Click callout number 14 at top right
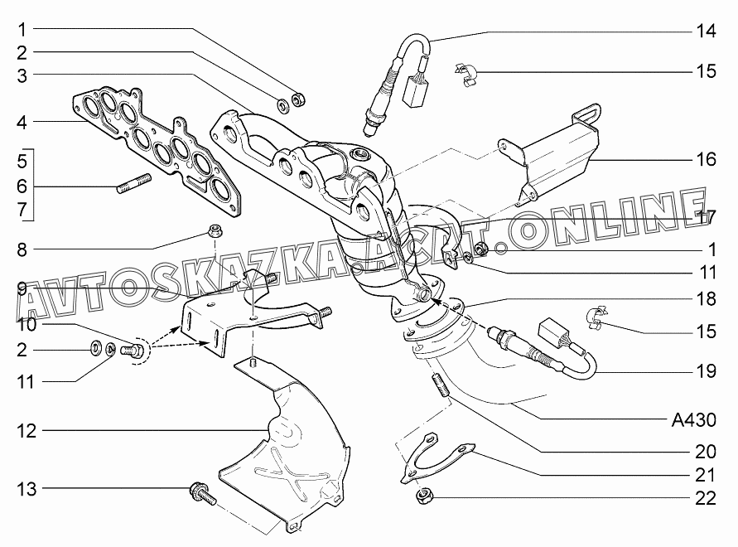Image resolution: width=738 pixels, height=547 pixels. point(706,31)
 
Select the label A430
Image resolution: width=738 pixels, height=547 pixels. point(693,419)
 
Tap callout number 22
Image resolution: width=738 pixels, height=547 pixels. point(706,498)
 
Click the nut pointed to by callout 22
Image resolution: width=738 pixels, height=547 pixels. point(424,496)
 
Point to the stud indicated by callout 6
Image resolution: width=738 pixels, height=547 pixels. point(134,184)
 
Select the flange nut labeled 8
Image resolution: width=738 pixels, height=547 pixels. point(215,231)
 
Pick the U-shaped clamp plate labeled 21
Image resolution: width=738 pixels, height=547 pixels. point(436,457)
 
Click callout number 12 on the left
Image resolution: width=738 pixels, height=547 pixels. point(27,431)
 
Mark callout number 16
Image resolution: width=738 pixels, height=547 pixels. point(706,159)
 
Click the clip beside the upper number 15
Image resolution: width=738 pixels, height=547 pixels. point(466,75)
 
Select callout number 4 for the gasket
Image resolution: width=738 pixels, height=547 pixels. point(22,123)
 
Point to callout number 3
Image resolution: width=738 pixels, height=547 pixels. point(22,76)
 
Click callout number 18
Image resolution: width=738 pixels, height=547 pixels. point(706,298)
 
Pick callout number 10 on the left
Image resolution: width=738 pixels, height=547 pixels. point(27,325)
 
